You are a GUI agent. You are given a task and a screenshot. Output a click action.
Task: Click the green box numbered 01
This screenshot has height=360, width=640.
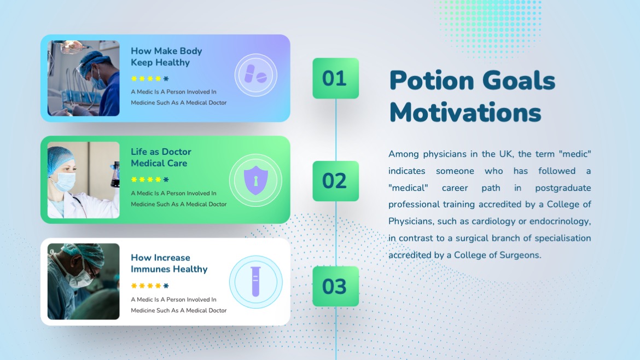coord(335,78)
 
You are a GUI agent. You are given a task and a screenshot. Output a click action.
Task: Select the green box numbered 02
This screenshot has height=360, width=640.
coord(335,181)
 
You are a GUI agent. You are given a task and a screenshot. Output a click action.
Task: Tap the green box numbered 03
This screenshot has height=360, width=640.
coord(335,286)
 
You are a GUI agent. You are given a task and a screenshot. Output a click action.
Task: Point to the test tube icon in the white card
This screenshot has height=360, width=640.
coord(255,282)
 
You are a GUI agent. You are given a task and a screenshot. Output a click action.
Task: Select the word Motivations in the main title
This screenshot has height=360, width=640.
coord(465,113)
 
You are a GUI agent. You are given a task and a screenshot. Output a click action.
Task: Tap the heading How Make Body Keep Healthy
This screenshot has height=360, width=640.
coord(166,57)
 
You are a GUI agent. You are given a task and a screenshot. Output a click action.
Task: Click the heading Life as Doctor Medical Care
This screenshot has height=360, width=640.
coord(161,158)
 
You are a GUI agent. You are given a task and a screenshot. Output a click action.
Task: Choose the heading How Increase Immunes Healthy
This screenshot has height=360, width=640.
coord(168,263)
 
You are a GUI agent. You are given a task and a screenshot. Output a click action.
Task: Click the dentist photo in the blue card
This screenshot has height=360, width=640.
coord(83,78)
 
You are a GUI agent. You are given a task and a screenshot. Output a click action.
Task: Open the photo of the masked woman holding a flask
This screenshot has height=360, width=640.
coord(83,180)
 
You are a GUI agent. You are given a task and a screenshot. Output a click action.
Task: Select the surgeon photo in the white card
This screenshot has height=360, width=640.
coord(83,281)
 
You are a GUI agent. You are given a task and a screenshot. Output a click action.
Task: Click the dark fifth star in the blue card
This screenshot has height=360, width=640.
coord(166,79)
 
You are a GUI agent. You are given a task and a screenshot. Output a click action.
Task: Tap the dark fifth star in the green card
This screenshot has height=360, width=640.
coord(166,179)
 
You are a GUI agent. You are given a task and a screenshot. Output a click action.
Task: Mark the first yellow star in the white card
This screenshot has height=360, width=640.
coord(133,286)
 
